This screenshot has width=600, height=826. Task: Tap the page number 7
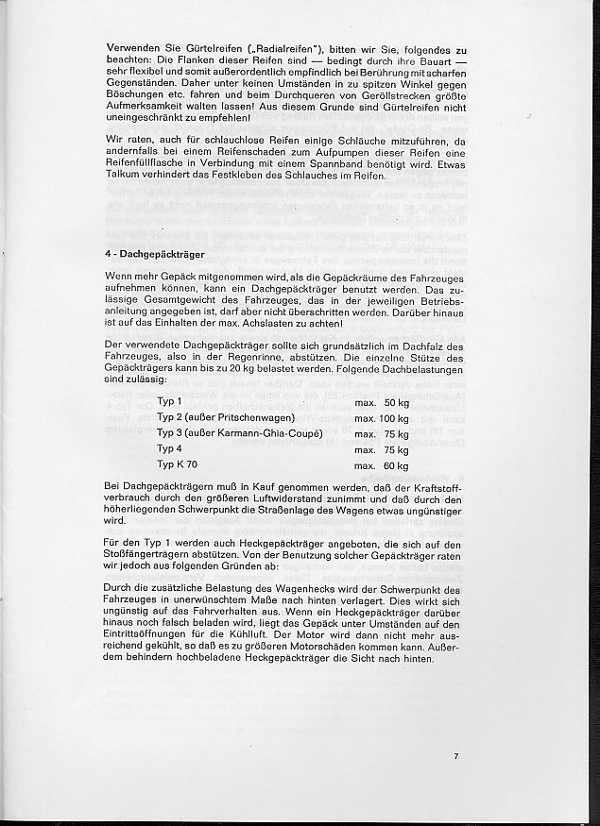click(455, 755)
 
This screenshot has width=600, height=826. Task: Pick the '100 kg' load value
click(392, 418)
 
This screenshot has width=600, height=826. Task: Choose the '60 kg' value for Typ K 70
click(395, 465)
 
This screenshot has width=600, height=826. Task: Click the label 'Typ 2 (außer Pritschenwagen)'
click(227, 418)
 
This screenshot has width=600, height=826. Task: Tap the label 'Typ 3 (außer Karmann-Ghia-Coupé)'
click(241, 434)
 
